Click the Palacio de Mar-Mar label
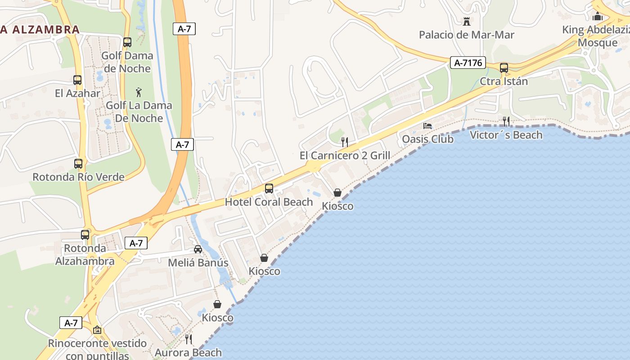[466, 35]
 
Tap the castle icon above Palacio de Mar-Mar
[466, 21]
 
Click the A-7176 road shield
[468, 63]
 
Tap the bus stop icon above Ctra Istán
[504, 68]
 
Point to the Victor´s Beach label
[506, 135]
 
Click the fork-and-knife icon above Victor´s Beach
[506, 121]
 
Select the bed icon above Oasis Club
[427, 126]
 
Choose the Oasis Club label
[427, 139]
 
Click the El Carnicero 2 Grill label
[345, 156]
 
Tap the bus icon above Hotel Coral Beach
[269, 189]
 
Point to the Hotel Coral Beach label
[269, 202]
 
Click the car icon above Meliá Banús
[198, 249]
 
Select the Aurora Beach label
[188, 352]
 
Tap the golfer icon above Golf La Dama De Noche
[139, 92]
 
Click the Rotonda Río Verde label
[78, 177]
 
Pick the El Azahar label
[77, 93]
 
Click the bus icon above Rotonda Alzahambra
[85, 234]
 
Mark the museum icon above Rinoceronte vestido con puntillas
[97, 330]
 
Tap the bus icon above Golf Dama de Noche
[127, 42]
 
